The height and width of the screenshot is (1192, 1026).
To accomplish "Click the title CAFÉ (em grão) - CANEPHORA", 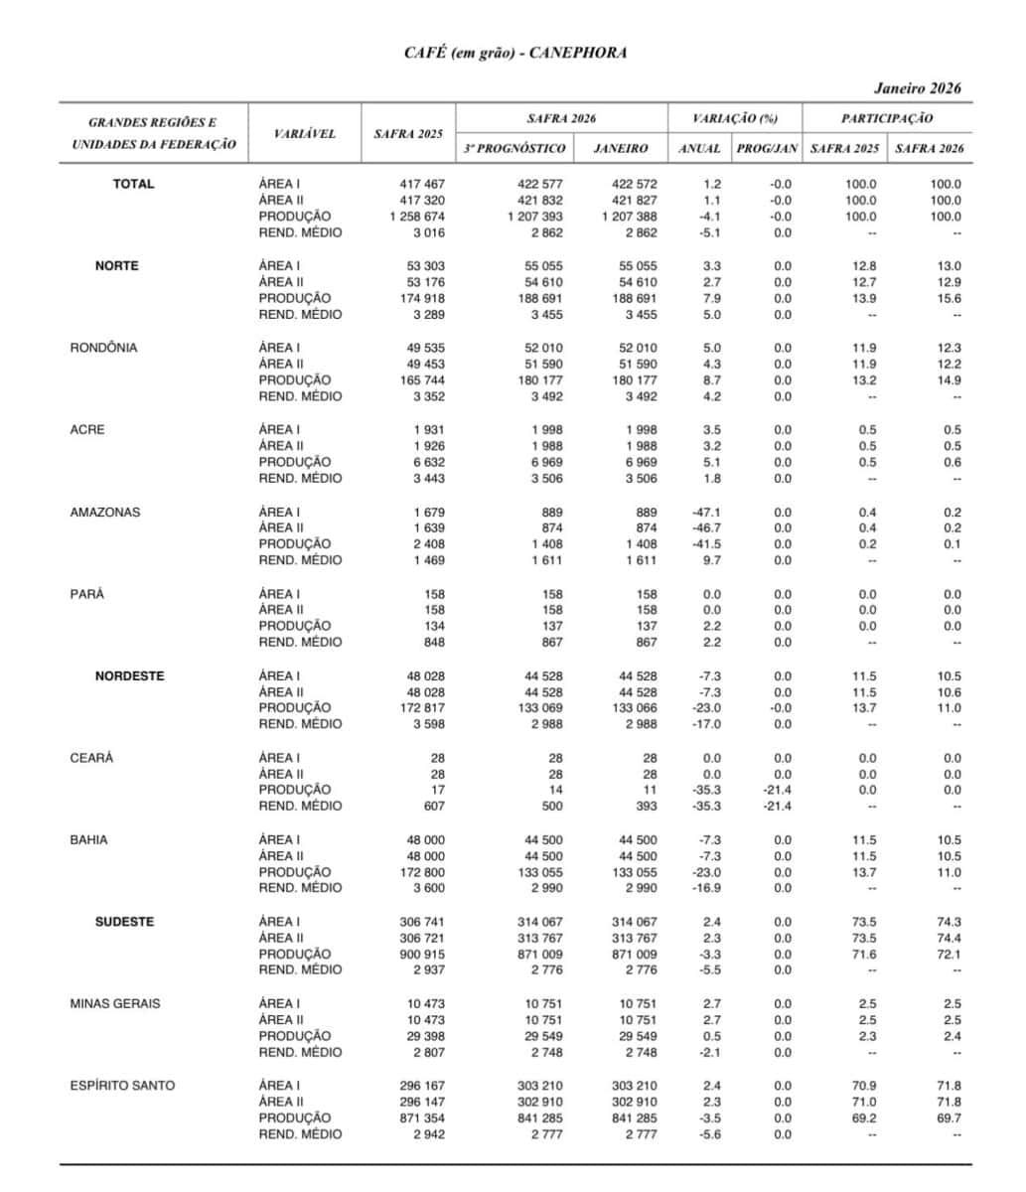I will click(513, 53).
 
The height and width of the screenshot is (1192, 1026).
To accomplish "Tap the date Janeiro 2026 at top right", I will click(918, 88).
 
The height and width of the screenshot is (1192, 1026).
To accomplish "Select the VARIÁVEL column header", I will click(305, 133).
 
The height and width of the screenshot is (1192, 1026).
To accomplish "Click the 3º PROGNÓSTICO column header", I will click(514, 148).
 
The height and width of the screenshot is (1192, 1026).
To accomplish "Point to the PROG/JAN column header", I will click(766, 148).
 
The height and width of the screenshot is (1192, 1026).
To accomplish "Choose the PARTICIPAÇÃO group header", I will click(887, 118).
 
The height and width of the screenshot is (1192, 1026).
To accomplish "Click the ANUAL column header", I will click(699, 148).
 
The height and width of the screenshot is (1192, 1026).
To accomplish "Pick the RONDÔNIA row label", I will click(103, 348).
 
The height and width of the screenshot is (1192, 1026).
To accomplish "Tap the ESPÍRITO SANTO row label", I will click(122, 1086).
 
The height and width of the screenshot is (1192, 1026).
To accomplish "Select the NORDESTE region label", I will click(130, 675).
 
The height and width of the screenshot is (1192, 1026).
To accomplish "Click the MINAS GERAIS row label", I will click(114, 1003).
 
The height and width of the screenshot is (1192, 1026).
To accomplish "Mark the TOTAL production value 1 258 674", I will click(417, 217).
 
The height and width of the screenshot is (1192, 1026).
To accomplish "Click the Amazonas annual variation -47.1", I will click(706, 512).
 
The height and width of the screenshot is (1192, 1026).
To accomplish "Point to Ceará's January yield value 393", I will click(646, 806).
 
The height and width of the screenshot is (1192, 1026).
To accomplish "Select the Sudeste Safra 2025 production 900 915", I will click(422, 954).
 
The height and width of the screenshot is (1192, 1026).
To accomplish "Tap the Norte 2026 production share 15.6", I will click(950, 298).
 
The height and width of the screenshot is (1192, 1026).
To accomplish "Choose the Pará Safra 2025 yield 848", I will click(434, 642).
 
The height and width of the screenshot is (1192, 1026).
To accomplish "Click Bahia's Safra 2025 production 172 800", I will click(422, 872).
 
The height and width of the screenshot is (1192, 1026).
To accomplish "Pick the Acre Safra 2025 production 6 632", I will click(428, 462).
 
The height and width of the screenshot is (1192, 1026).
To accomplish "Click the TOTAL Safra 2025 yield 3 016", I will click(429, 232).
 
